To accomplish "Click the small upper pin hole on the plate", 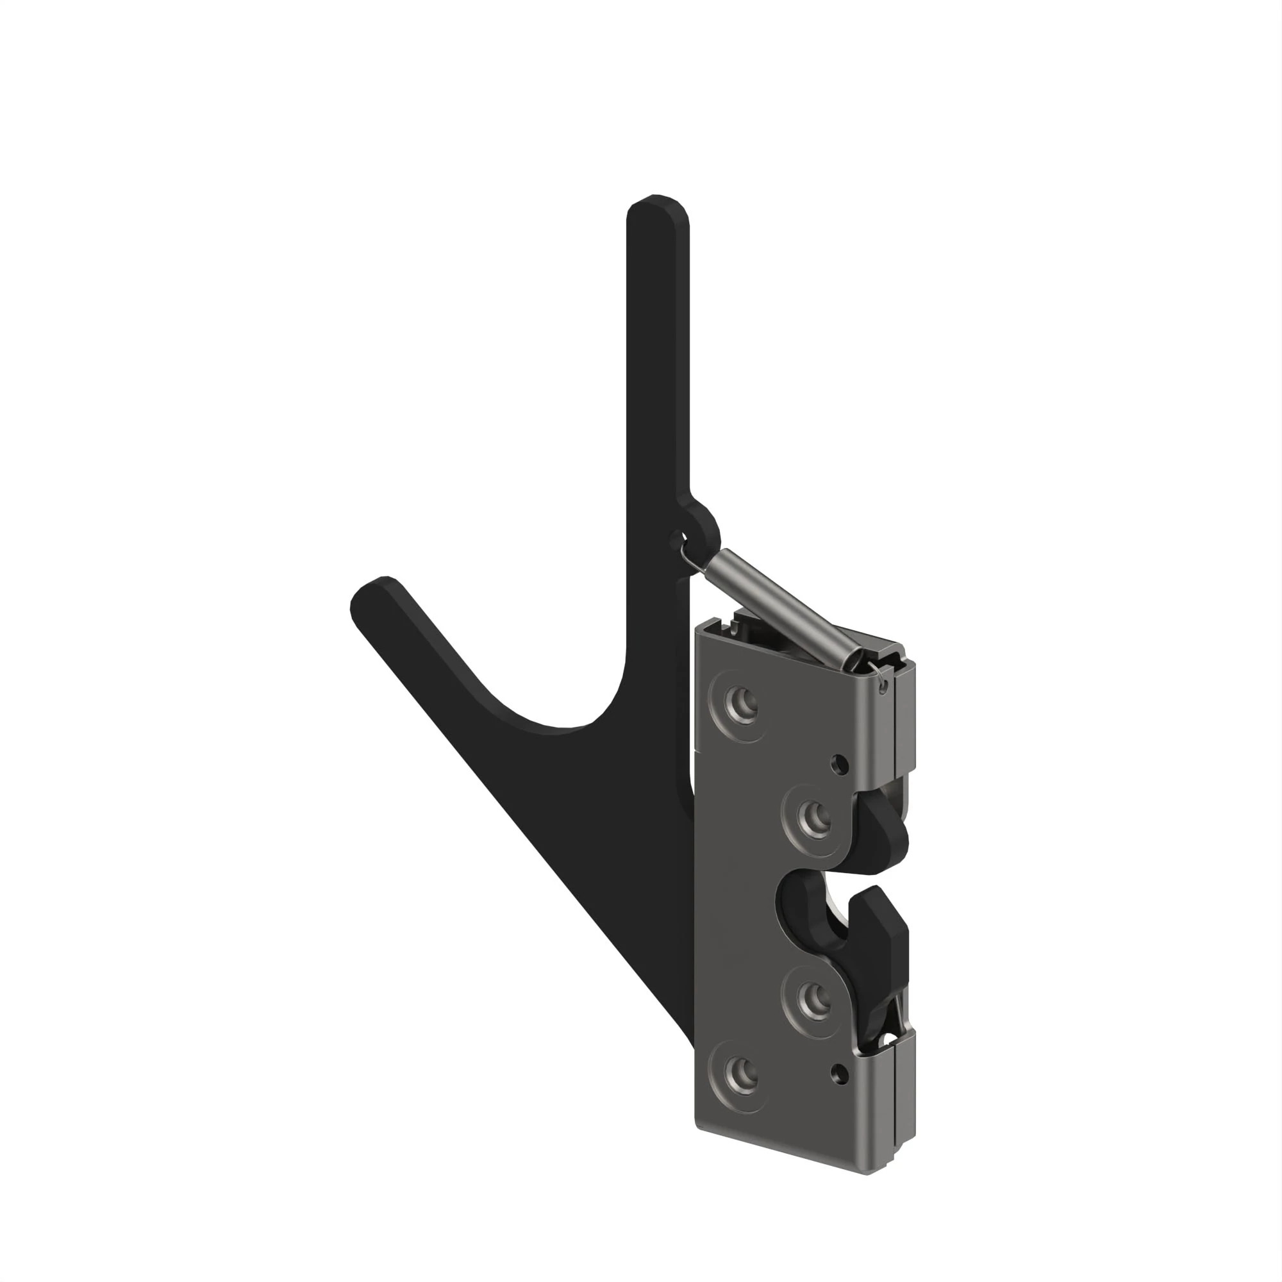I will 840,765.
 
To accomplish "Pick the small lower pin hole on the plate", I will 840,1071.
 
